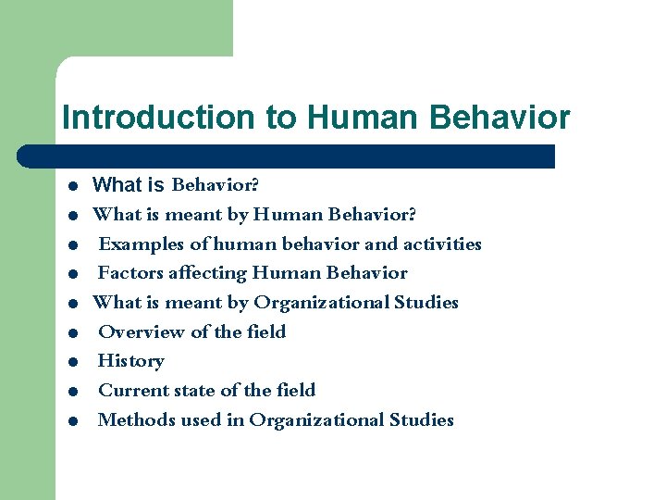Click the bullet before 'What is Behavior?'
tap(71, 186)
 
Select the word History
tap(130, 361)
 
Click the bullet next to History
tap(71, 362)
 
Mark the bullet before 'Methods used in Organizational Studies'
tap(71, 420)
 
